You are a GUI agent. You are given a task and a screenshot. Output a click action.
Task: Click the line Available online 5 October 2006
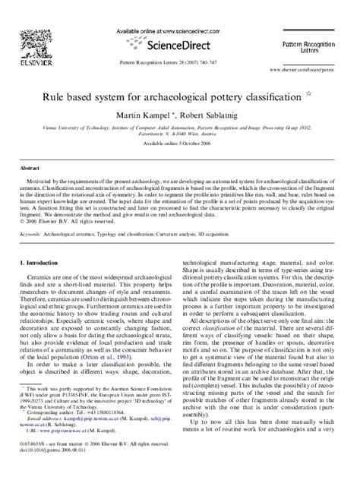(x=180, y=143)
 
